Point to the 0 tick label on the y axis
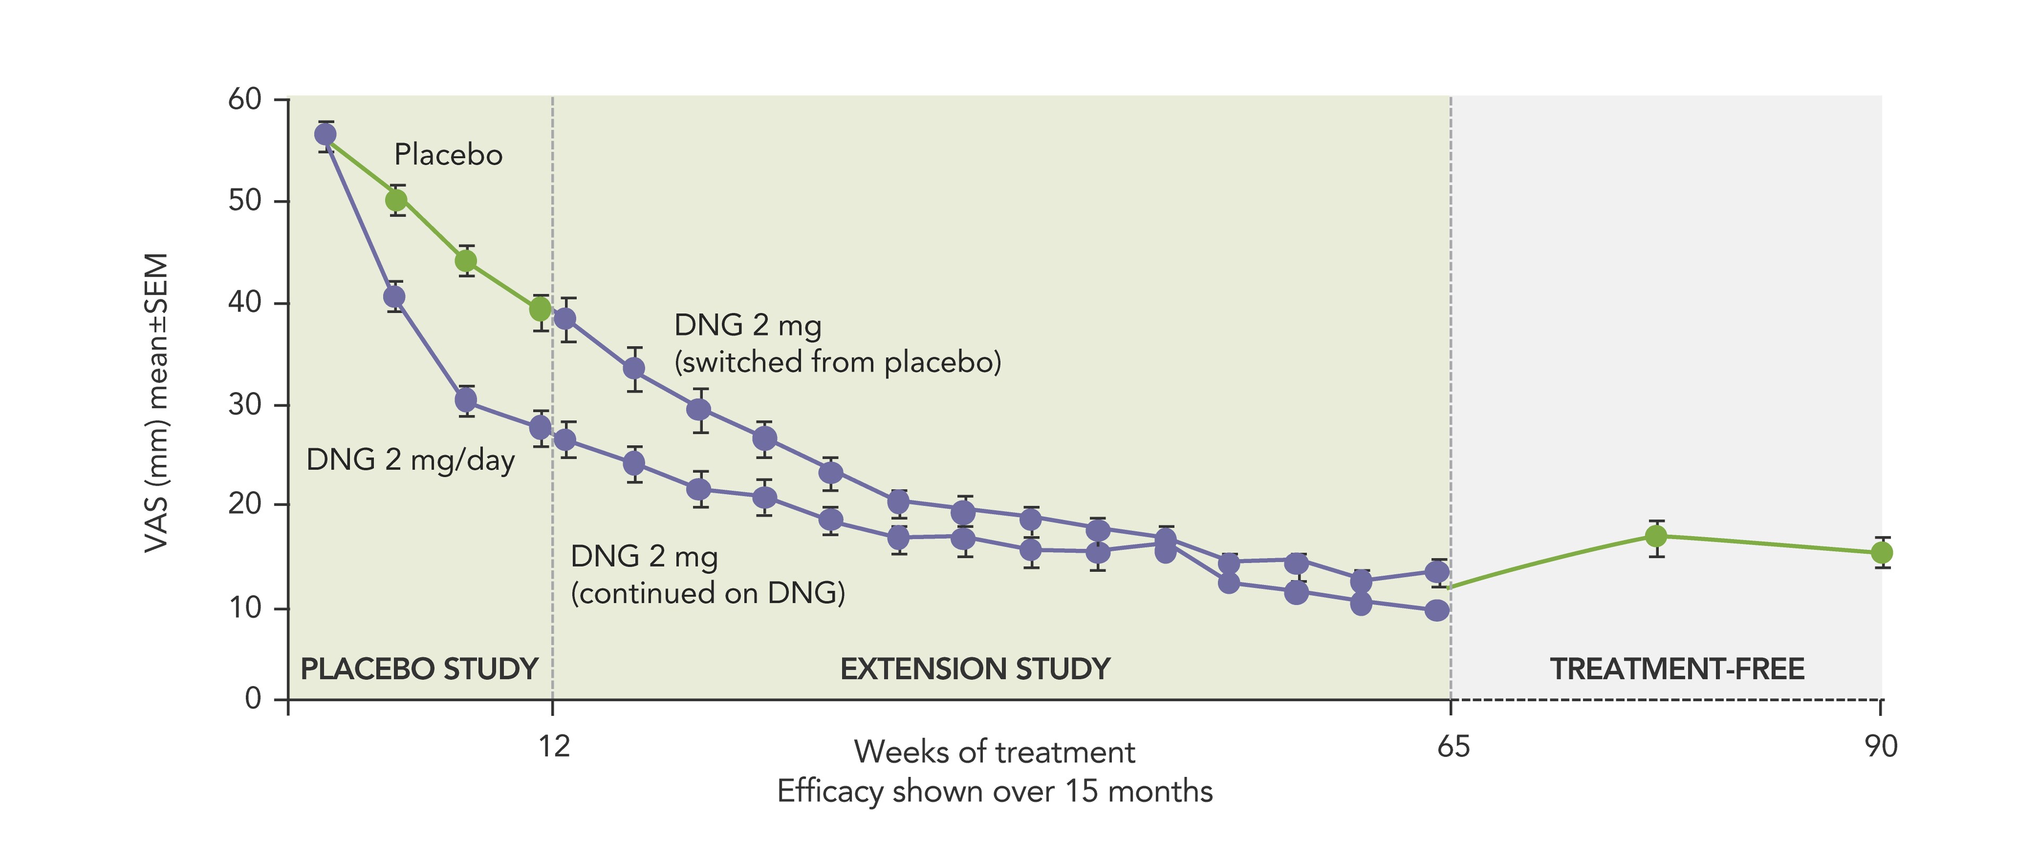253,698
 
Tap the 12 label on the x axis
554,746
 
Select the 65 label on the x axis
1453,746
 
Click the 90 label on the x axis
1881,746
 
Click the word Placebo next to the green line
448,155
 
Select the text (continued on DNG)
708,593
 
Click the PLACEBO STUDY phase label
419,669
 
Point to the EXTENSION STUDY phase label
975,669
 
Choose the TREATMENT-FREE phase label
1676,669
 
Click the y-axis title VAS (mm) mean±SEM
157,403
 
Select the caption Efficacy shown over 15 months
994,792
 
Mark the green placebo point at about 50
397,200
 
